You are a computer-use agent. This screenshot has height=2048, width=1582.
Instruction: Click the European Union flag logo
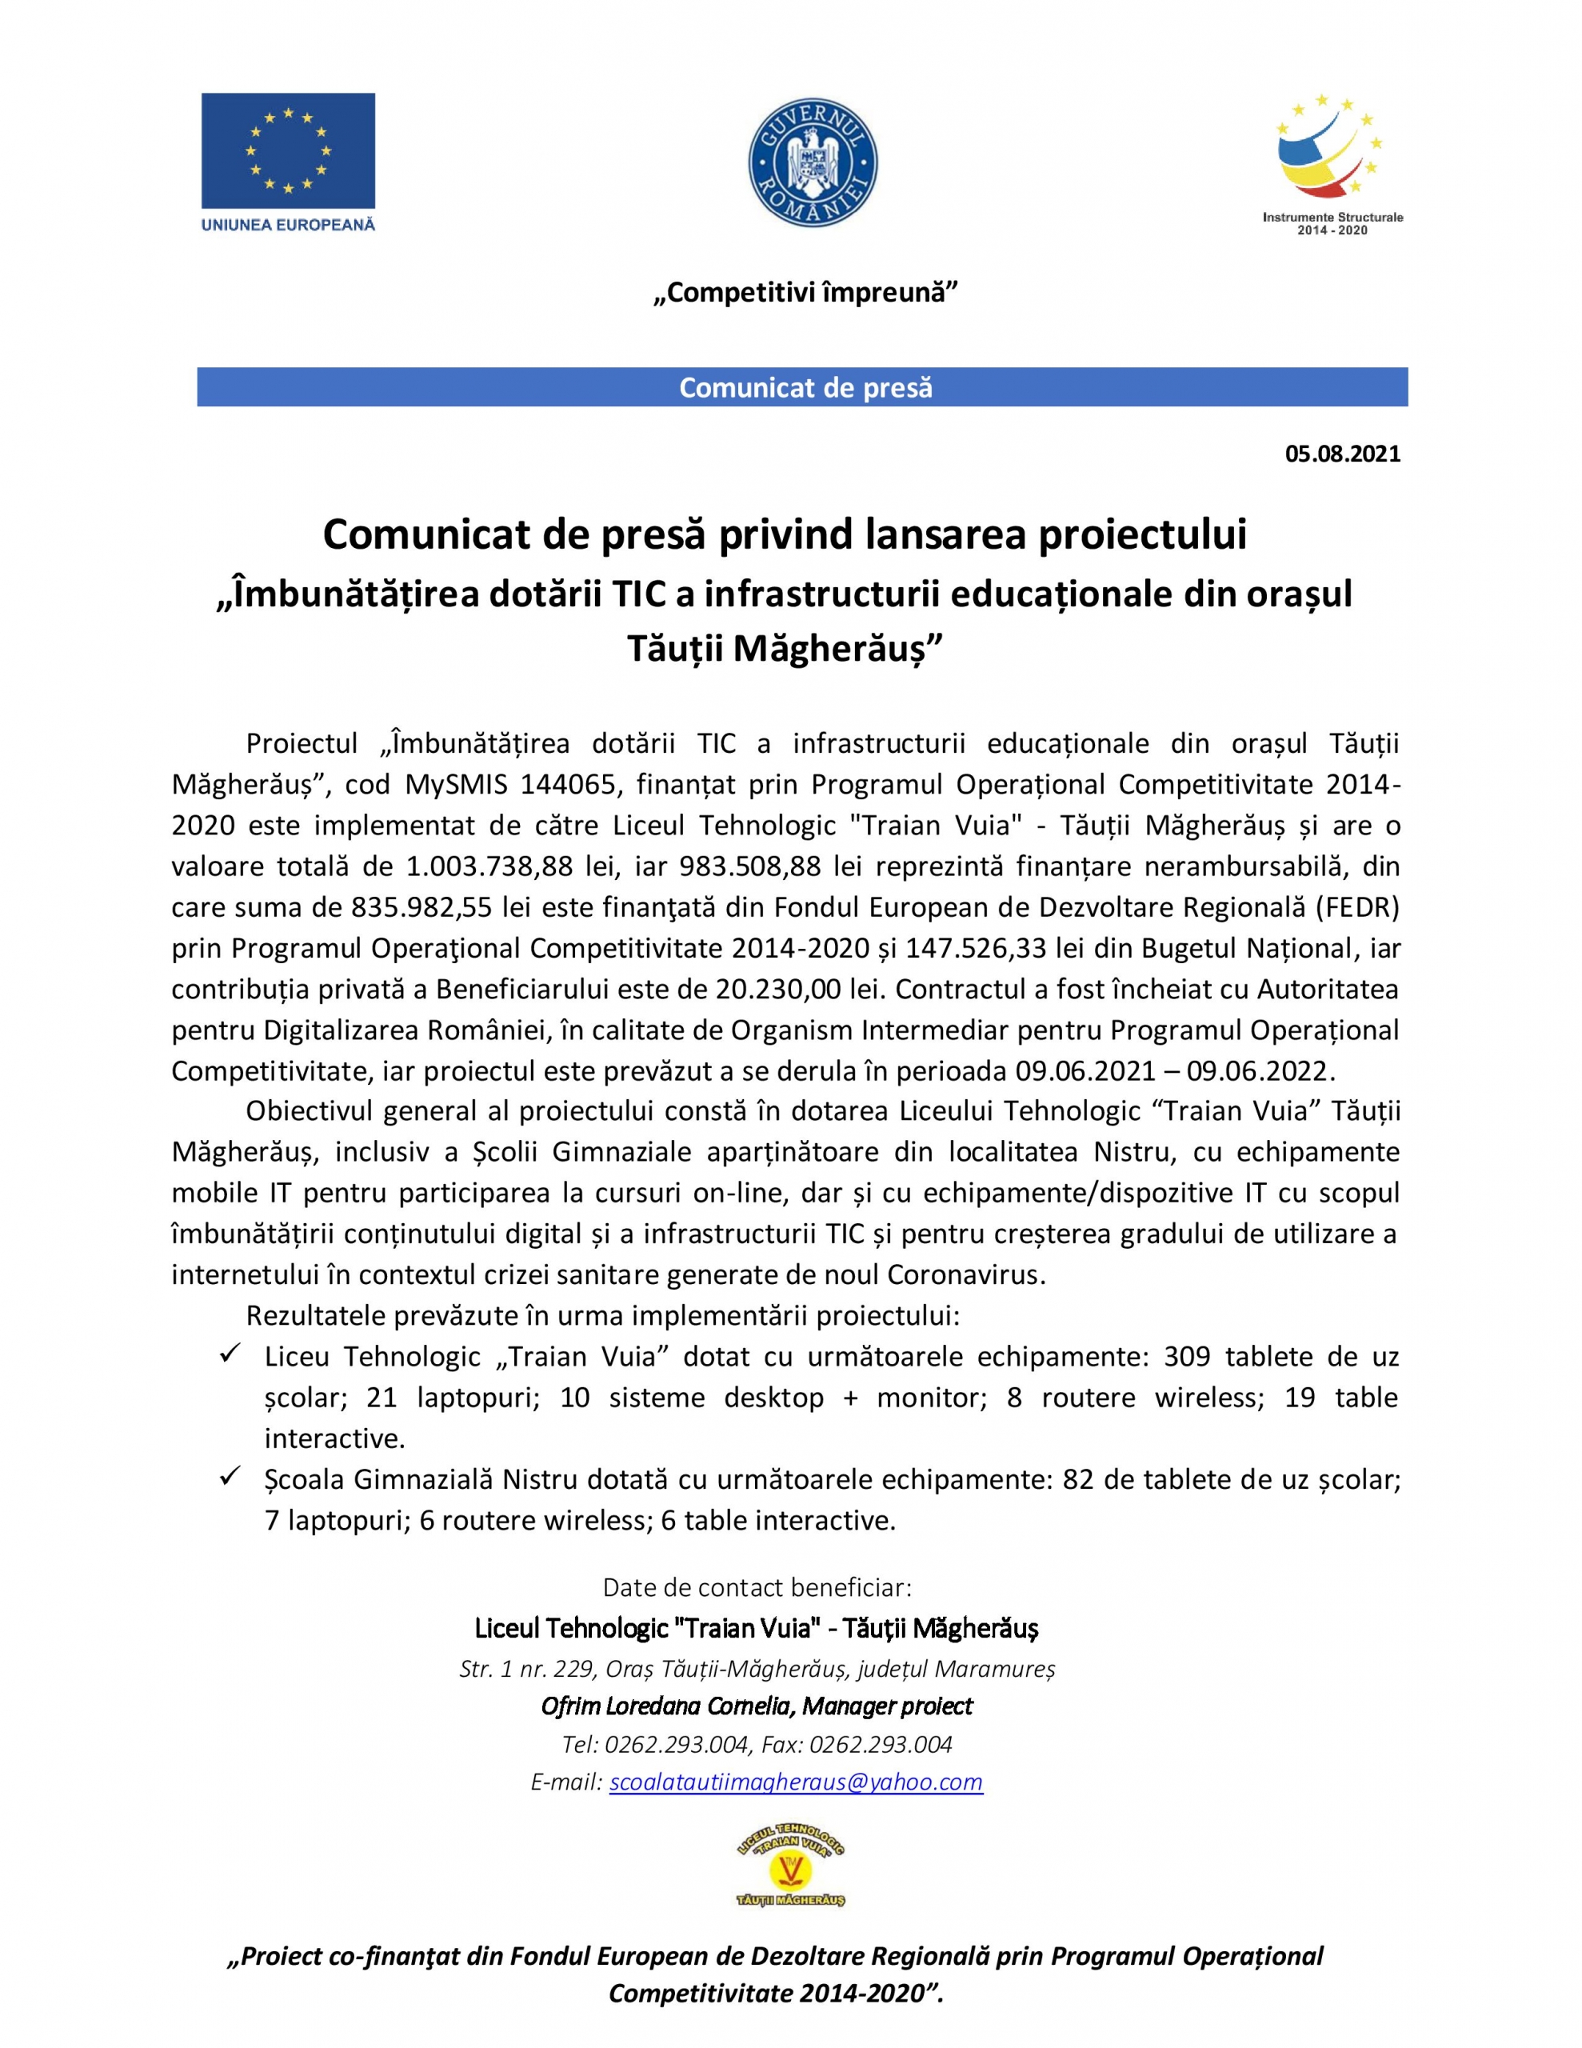288,150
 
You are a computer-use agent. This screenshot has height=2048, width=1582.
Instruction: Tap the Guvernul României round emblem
812,163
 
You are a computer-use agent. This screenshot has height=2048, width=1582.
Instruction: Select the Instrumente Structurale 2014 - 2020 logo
1332,165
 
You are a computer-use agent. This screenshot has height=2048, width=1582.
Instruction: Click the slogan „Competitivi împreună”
805,292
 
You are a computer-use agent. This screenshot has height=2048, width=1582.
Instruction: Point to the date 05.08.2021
1342,454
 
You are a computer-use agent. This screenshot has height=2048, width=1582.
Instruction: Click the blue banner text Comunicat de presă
805,387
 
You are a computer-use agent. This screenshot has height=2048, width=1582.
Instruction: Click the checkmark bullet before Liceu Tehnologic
230,1356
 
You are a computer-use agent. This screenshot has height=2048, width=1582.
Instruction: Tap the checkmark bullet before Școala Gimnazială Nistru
230,1478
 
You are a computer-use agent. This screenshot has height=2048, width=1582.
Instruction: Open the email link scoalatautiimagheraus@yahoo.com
795,1782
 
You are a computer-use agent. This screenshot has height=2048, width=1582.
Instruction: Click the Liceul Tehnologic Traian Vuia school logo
790,1869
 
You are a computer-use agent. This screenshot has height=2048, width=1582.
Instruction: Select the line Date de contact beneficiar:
757,1587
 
